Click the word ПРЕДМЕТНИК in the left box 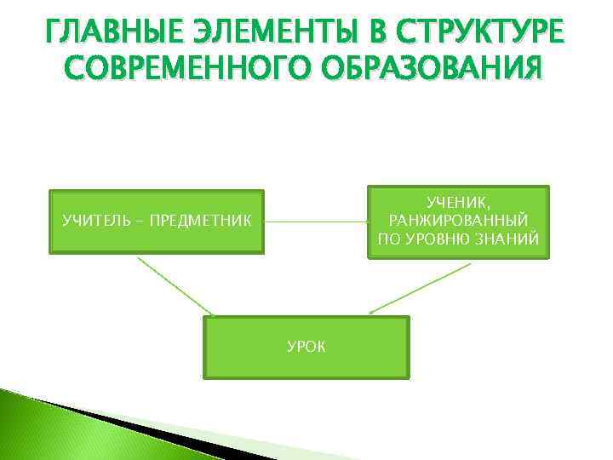[x=200, y=221]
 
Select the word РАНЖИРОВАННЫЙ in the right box [x=458, y=221]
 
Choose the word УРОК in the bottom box [x=306, y=347]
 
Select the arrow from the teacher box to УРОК [x=175, y=285]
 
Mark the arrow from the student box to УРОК [x=421, y=290]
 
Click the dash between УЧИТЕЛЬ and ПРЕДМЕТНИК [x=140, y=221]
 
